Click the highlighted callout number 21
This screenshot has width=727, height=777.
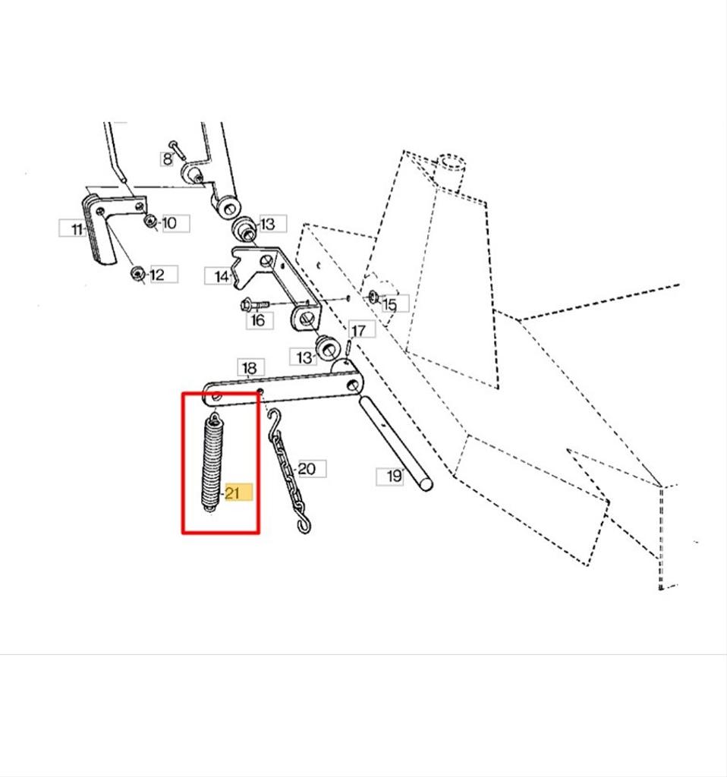(x=232, y=493)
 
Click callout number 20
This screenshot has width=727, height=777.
(x=307, y=469)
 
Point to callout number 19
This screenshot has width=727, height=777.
(x=394, y=477)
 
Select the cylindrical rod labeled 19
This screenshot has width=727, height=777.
(x=395, y=442)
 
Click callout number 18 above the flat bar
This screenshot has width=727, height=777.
(x=249, y=368)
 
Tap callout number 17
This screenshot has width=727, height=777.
(x=358, y=330)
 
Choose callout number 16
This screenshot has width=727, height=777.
(x=258, y=320)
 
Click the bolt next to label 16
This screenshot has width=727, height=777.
(x=254, y=304)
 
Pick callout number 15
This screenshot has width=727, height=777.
(x=389, y=304)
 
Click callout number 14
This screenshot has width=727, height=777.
(x=222, y=276)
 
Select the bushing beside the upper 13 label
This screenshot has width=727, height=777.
(x=244, y=228)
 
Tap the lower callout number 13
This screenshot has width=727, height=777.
(x=304, y=357)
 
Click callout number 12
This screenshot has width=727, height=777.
(x=156, y=275)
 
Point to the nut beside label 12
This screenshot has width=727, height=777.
(x=137, y=273)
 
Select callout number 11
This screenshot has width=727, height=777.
(x=77, y=229)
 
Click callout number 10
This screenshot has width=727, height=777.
(x=169, y=223)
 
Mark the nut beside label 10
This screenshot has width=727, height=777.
(x=150, y=221)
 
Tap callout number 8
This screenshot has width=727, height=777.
(x=168, y=159)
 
